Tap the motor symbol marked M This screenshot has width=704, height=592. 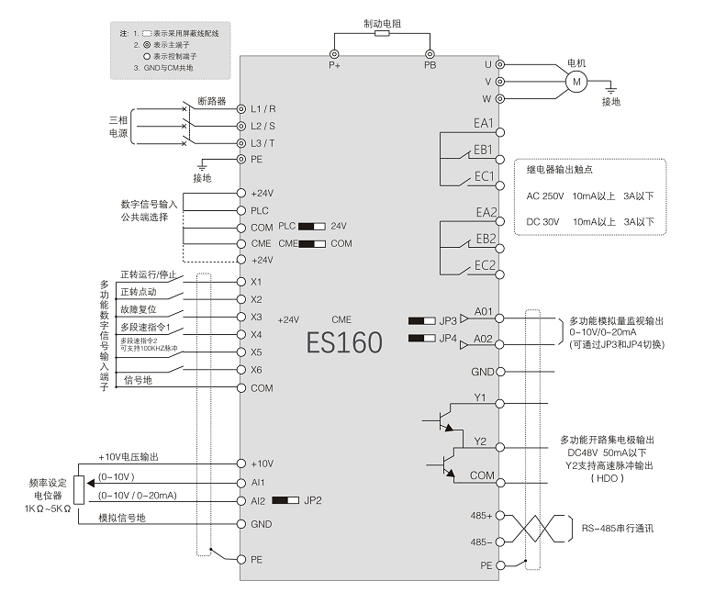(575, 82)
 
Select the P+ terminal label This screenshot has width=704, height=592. (334, 66)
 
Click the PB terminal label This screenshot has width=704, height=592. (430, 66)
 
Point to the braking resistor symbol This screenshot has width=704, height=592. (381, 32)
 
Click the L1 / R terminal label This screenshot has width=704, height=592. (263, 108)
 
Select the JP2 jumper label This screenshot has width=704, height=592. (313, 500)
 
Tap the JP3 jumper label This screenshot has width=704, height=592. (448, 320)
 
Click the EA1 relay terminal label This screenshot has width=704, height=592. (484, 123)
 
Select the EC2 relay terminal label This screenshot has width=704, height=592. (484, 266)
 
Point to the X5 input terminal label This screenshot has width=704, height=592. (256, 352)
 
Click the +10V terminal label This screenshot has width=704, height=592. (262, 464)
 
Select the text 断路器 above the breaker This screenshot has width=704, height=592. (211, 101)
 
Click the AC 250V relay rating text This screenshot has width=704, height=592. (546, 195)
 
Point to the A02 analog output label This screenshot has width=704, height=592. (484, 339)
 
